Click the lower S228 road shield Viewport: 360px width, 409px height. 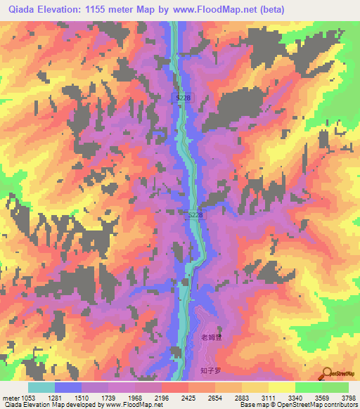[195, 215]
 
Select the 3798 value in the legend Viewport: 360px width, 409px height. [349, 398]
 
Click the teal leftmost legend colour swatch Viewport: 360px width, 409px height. [41, 387]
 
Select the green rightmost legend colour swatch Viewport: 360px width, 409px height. [335, 387]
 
